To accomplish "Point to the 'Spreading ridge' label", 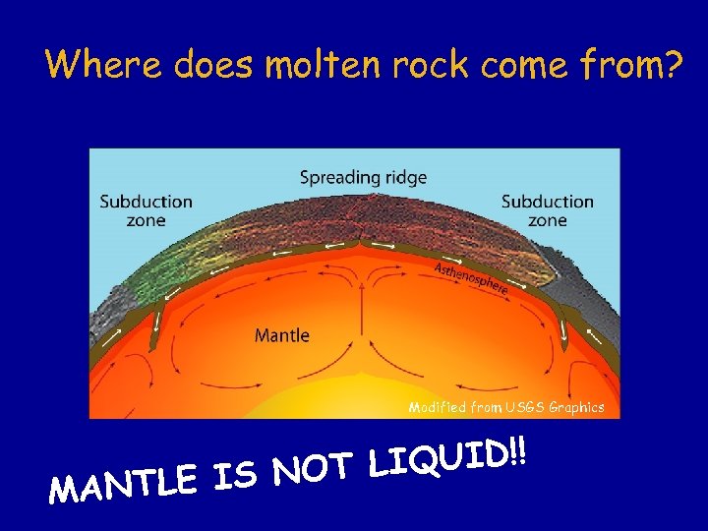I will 363,178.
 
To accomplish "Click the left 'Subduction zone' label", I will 146,210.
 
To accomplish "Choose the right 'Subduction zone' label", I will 547,210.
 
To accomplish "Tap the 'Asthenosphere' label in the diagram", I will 471,278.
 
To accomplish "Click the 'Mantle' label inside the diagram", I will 282,335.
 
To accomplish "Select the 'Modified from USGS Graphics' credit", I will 505,406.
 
